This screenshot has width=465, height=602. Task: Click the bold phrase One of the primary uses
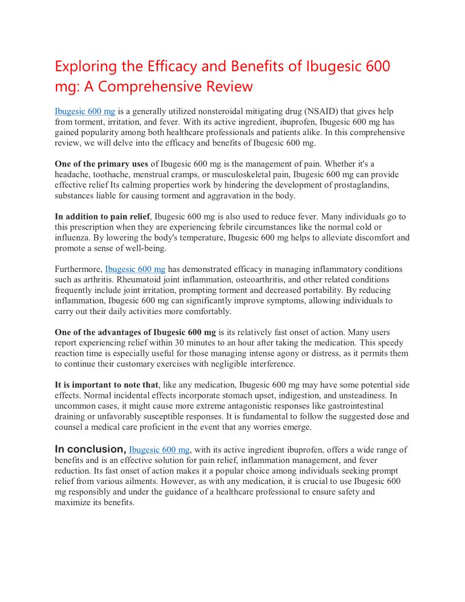tap(101, 164)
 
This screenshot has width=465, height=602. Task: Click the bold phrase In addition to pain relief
tap(103, 217)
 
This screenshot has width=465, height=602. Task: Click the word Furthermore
tap(79, 269)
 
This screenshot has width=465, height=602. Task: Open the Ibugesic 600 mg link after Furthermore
tap(135, 269)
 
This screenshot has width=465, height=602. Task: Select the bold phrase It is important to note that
tap(106, 385)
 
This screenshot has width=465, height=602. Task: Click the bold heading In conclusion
tap(90, 449)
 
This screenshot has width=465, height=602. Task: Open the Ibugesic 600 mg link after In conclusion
tap(159, 450)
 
